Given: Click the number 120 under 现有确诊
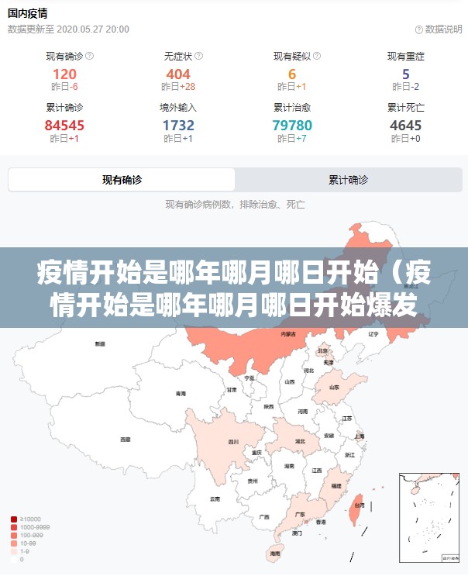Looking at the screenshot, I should click(64, 74).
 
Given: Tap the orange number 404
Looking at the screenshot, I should click(178, 74).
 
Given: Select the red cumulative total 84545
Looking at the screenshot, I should click(64, 125).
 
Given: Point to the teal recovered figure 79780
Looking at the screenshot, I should click(292, 125).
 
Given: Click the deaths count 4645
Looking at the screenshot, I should click(405, 125).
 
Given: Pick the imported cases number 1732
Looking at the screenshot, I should click(178, 125).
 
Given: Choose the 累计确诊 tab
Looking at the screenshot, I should click(348, 180).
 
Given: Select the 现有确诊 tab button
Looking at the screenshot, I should click(122, 180).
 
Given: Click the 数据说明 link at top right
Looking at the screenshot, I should click(439, 29).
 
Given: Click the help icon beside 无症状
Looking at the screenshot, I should click(198, 56).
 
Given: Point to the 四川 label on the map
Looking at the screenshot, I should click(233, 442).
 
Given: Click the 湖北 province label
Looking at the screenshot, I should click(300, 441).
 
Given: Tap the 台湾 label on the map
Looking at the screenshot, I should click(359, 505).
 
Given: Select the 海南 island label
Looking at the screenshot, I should click(274, 554).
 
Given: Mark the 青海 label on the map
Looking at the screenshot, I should click(181, 393).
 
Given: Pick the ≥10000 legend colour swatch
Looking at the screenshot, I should click(14, 519).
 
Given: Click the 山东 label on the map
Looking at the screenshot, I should click(334, 387).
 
